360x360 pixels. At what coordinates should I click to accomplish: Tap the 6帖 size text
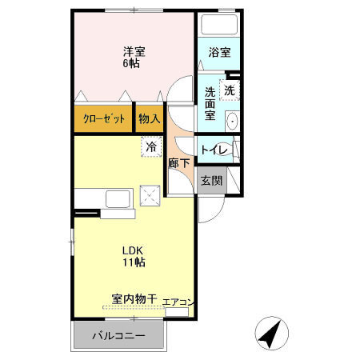coord(134,63)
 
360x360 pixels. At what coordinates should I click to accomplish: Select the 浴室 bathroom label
coord(220,54)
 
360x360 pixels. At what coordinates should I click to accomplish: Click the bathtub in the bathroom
coord(220,26)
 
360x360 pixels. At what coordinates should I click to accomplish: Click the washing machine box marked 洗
coord(230,90)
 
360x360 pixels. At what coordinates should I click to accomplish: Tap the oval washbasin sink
coord(233,122)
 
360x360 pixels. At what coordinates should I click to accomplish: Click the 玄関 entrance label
coord(212,180)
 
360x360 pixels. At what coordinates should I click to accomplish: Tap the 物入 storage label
coord(149,119)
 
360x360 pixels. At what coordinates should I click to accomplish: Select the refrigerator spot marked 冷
coord(150,146)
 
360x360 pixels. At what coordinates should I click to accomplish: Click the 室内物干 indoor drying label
coord(134,298)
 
